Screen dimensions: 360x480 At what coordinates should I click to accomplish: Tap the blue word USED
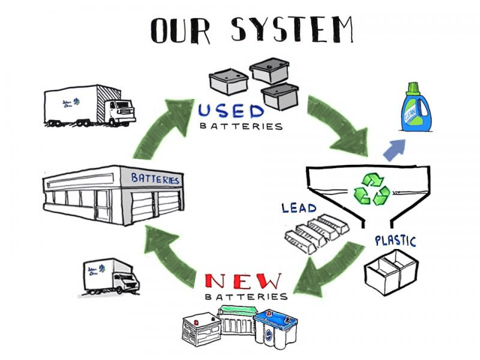(x=231, y=112)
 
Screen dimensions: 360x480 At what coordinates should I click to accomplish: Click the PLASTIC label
(x=395, y=242)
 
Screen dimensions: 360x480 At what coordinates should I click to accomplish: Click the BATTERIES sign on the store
(x=155, y=179)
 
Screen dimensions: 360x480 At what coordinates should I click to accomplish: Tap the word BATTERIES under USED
(x=240, y=127)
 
